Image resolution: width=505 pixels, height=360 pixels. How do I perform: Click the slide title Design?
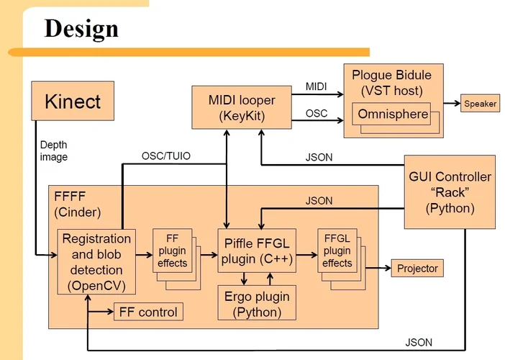pos(81,28)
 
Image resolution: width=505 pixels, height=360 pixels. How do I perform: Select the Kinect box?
pos(73,101)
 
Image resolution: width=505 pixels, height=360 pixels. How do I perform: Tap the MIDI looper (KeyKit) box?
pos(226,107)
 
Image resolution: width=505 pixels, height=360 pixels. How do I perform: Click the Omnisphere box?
pos(391,114)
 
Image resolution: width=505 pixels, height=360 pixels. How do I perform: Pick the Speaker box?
pos(479,104)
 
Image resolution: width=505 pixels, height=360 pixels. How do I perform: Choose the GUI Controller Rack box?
pos(450,192)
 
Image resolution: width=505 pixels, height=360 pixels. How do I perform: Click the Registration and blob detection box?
pos(96,261)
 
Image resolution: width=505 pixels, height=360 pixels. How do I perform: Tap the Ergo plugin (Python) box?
pos(257,303)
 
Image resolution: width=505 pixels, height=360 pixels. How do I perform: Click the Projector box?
pos(417,269)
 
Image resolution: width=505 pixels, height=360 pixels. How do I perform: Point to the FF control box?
pos(148,312)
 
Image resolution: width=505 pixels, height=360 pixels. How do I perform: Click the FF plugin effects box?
pos(172,251)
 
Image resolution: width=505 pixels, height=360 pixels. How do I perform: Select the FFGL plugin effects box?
pos(337,251)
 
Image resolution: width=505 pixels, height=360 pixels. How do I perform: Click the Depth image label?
pos(54,151)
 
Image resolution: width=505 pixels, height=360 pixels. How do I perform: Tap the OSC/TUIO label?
pos(165,156)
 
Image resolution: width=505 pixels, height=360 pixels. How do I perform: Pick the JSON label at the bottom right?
pos(419,342)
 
